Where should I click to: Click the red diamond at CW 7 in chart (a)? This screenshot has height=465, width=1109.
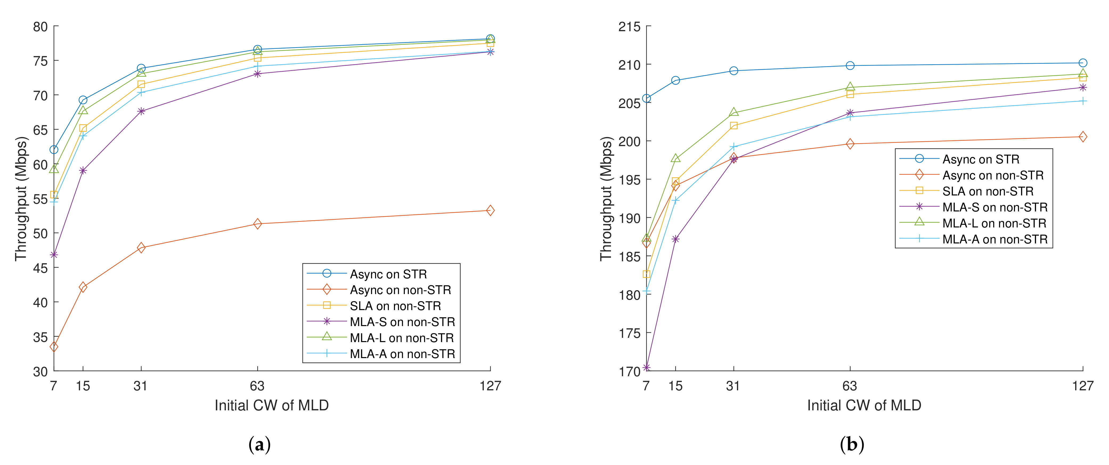pyautogui.click(x=54, y=347)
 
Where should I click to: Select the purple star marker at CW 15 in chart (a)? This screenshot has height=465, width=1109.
pyautogui.click(x=83, y=171)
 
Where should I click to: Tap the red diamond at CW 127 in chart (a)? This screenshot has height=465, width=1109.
pyautogui.click(x=490, y=210)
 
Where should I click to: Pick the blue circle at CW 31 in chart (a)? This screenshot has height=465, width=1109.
pyautogui.click(x=141, y=69)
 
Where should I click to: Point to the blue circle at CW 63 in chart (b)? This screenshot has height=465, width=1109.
pyautogui.click(x=850, y=66)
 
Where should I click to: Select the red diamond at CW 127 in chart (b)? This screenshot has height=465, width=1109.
pyautogui.click(x=1083, y=137)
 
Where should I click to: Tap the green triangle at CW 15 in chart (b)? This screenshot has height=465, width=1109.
pyautogui.click(x=675, y=158)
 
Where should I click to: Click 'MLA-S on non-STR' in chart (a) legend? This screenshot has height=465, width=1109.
pyautogui.click(x=402, y=322)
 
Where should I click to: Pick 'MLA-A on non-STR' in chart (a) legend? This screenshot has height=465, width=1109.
pyautogui.click(x=402, y=354)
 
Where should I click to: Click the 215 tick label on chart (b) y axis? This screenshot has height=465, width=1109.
pyautogui.click(x=629, y=27)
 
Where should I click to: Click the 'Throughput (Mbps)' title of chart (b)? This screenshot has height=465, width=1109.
pyautogui.click(x=606, y=198)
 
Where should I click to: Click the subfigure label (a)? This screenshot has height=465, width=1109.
pyautogui.click(x=260, y=444)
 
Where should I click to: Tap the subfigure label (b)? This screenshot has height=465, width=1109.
pyautogui.click(x=851, y=444)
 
